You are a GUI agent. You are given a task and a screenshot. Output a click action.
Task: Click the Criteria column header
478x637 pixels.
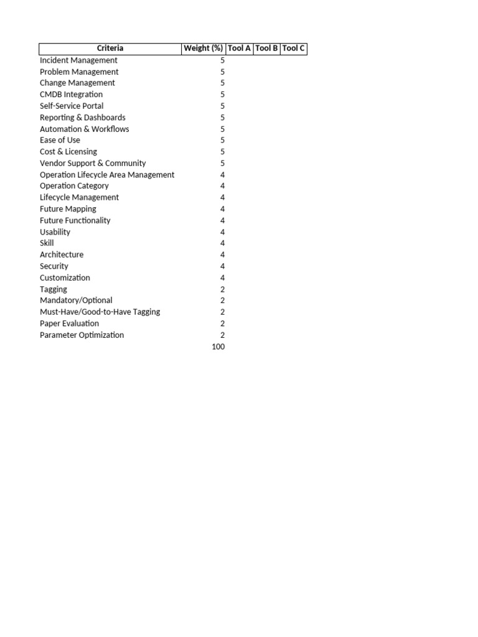coord(110,49)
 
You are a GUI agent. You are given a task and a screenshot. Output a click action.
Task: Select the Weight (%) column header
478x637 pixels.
coord(203,49)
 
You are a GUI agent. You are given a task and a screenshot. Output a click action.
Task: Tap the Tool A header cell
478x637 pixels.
coord(240,49)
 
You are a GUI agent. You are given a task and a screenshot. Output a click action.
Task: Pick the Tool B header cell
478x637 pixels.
coord(266,49)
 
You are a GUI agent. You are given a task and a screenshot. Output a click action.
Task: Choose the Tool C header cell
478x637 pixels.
coord(293,49)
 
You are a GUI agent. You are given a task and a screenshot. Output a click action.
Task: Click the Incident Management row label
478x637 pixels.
coord(78,60)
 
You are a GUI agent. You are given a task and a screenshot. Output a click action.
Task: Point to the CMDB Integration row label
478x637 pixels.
coord(71,95)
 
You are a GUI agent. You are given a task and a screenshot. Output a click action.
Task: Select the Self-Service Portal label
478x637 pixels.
coord(72,106)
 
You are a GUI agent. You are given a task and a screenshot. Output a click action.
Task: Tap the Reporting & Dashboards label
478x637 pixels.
coord(82,118)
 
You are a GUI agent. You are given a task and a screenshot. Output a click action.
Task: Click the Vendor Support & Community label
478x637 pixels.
coord(93,163)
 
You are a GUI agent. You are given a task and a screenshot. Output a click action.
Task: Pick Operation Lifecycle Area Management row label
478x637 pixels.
coord(107,175)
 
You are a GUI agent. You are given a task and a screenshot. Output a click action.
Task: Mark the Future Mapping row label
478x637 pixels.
coord(68,209)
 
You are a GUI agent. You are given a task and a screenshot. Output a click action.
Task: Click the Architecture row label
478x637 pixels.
coord(62,254)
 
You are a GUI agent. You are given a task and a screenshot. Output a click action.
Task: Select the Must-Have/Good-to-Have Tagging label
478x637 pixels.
coord(100,312)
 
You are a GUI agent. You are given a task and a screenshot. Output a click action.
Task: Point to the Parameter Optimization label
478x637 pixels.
coord(82,335)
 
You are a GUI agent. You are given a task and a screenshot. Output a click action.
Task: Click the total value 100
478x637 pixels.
coord(218,346)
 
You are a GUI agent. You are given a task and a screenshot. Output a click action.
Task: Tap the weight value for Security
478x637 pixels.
coord(222,266)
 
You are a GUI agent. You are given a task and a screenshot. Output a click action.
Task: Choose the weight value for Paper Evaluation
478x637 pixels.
coord(222,323)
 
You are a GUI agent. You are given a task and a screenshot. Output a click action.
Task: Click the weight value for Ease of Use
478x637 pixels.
coord(222,140)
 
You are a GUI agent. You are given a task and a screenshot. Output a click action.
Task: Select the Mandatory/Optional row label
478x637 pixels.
coord(76,300)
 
